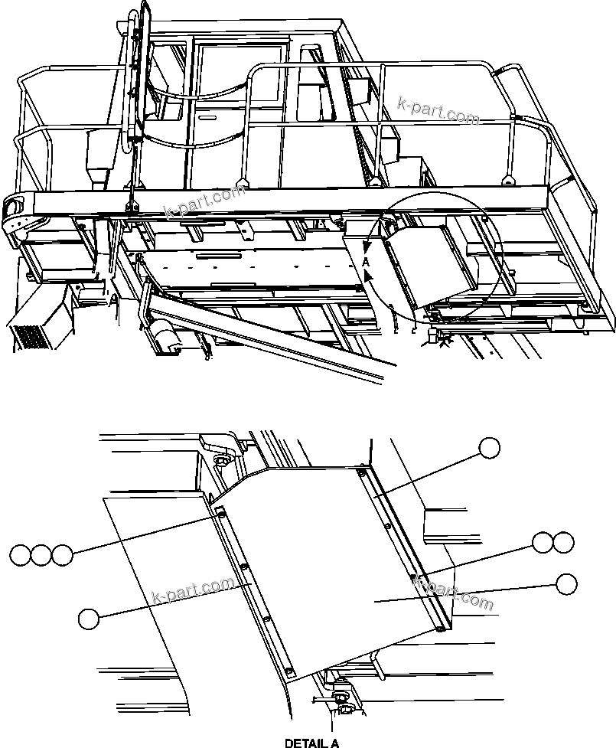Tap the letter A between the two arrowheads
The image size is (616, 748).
(x=366, y=262)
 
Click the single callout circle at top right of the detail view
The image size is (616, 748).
(x=489, y=448)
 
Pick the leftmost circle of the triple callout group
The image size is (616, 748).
(x=21, y=554)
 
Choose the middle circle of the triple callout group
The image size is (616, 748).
(x=41, y=554)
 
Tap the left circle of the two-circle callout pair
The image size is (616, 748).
(x=543, y=542)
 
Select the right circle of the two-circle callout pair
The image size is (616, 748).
(x=563, y=542)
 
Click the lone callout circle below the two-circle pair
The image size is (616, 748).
(x=566, y=584)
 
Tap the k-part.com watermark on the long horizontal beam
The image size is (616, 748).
(x=203, y=202)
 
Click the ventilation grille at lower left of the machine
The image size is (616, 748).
(x=29, y=338)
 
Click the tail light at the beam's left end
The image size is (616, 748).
(x=15, y=207)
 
